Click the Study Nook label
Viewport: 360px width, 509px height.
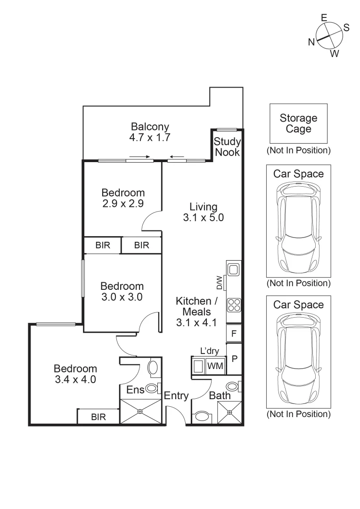coord(227,147)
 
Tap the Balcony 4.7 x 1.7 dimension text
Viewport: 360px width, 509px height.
coord(150,137)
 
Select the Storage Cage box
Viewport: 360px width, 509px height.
coord(298,123)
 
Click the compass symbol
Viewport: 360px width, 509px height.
coord(329,35)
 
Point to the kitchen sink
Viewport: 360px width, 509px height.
coord(234,270)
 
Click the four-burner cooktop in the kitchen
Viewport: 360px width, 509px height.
coord(234,305)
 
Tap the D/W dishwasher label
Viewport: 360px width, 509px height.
coord(220,283)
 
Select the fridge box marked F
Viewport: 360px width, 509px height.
coord(234,333)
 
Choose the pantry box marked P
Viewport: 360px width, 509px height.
coord(234,359)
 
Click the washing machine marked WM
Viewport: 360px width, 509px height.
coord(215,366)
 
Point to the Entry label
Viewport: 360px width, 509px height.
coord(176,396)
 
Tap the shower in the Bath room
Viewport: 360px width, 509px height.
coord(229,412)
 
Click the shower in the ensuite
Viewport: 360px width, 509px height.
coord(140,411)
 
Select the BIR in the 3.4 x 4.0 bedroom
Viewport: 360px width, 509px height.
coord(98,417)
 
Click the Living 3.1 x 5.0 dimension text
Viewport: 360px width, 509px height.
coord(204,217)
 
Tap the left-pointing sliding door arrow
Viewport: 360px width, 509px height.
coord(177,157)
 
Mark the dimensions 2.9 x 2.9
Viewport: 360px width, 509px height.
coord(123,204)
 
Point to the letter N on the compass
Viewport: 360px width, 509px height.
coord(311,42)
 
